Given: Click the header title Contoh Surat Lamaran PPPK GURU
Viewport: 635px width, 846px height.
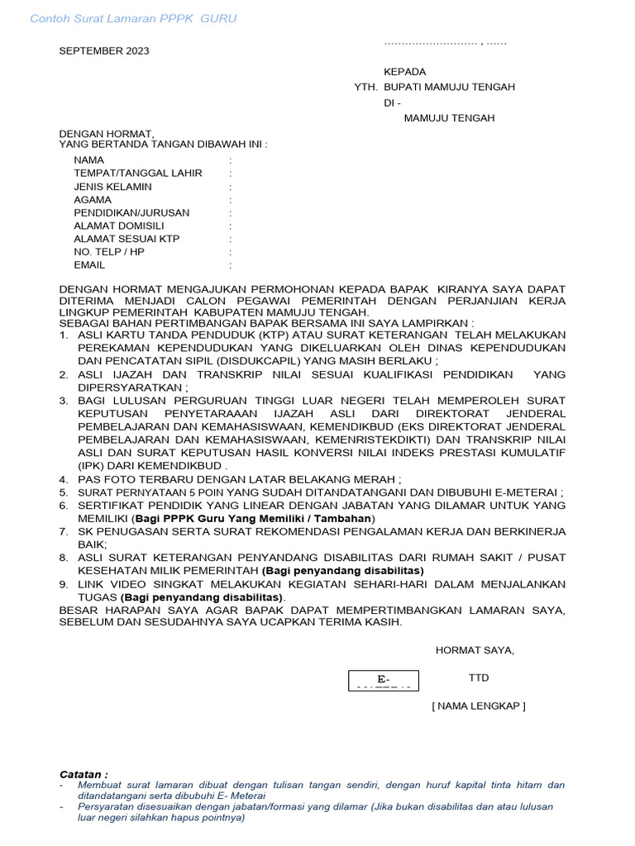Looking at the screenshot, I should coord(133,19).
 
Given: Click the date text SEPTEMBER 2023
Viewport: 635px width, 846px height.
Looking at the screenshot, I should coord(103,51).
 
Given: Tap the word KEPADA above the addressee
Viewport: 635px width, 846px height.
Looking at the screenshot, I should coord(404,72).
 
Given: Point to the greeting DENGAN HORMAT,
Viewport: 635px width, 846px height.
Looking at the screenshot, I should coord(106,134).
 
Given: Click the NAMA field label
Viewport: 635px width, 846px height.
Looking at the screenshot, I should coord(88,160).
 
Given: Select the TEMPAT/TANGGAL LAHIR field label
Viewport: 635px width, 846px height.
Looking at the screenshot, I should coord(137,173).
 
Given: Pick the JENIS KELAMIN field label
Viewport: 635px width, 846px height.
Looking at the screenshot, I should coord(112,187).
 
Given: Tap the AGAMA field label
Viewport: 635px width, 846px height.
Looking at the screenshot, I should coord(92,200).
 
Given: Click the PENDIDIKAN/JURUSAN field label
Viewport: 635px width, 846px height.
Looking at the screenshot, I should coord(131,213).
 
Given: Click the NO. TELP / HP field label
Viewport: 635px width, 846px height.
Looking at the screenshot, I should coord(108,252).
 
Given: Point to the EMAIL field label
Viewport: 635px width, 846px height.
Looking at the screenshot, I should coord(89,265).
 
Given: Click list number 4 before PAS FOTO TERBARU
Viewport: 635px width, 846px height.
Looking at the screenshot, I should coord(63,480).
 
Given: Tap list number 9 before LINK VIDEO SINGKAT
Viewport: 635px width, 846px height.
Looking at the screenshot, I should coord(63,585).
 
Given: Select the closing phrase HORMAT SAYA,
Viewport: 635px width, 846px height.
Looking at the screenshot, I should coord(475,650).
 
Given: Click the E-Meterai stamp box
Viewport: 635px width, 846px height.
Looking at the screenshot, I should coord(383,681).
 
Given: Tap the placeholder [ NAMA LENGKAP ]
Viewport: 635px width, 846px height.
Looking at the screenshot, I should coord(479,706).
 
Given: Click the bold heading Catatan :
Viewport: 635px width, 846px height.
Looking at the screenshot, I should coord(84,774).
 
